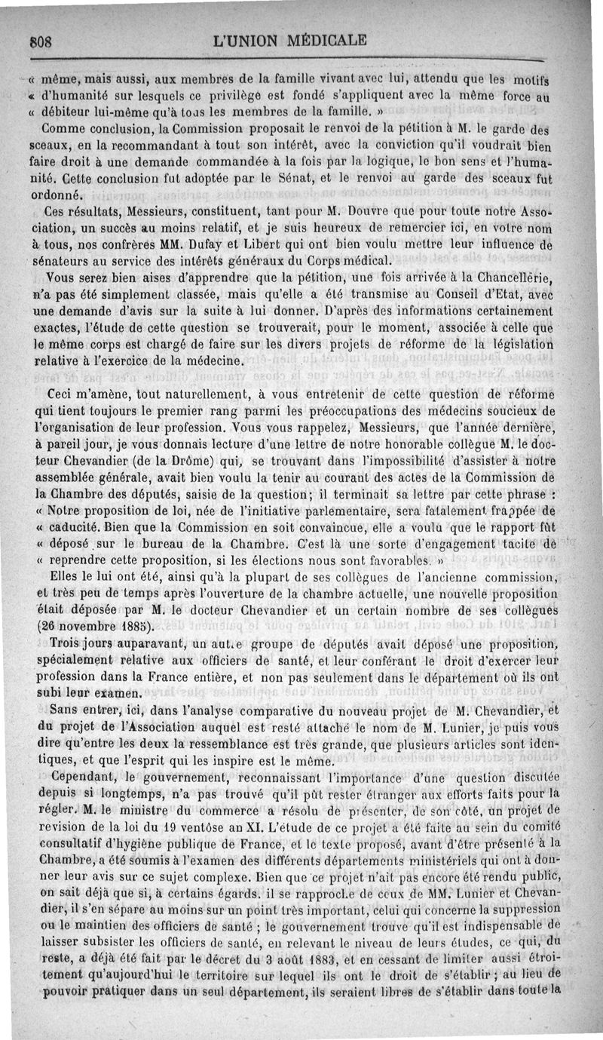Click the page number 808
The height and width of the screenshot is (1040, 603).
click(39, 42)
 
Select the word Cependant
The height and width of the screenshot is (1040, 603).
click(77, 776)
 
